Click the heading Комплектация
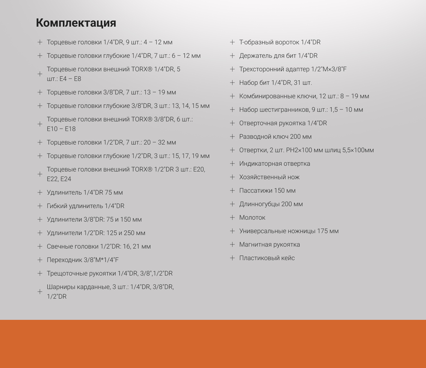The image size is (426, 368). point(76,23)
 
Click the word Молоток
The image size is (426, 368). point(252,218)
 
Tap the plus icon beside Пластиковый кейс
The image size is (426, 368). point(233,258)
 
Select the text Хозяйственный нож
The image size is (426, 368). point(269,177)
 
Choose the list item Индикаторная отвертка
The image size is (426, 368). point(275,164)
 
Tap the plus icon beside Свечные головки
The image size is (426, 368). point(40,247)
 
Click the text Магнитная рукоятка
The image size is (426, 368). point(269,245)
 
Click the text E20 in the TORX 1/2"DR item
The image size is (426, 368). point(199,170)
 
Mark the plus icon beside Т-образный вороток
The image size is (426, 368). point(233,42)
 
